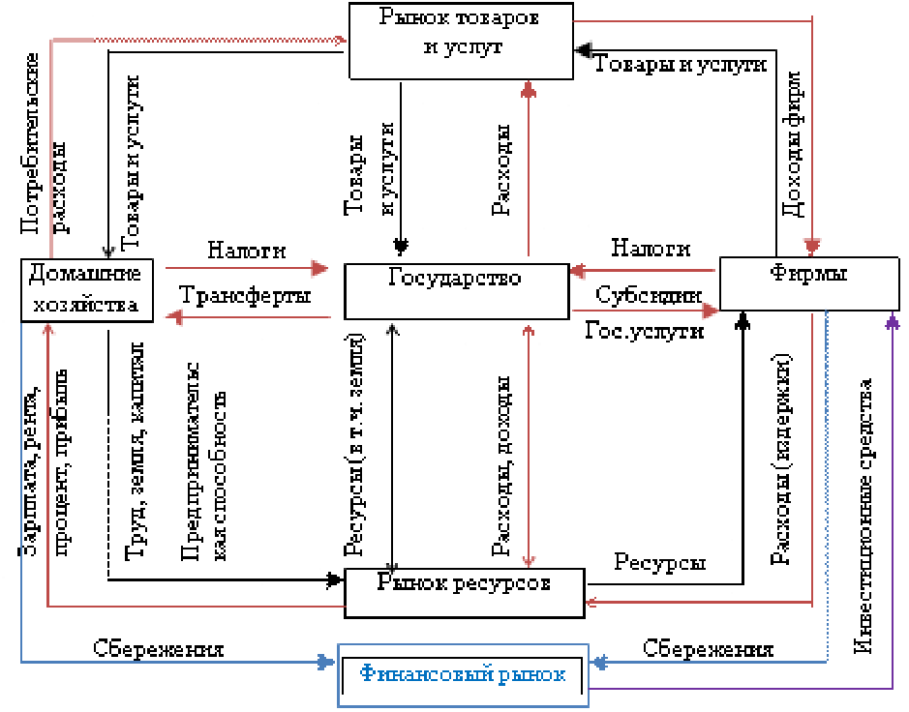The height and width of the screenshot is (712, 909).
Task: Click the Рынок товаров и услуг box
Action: (x=459, y=33)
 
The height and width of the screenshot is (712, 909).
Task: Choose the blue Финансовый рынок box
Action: (x=463, y=673)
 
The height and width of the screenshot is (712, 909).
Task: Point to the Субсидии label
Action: (x=648, y=296)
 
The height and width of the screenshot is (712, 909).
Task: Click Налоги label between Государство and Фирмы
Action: (x=651, y=249)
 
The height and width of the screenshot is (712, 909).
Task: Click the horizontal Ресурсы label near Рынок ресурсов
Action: (x=661, y=563)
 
